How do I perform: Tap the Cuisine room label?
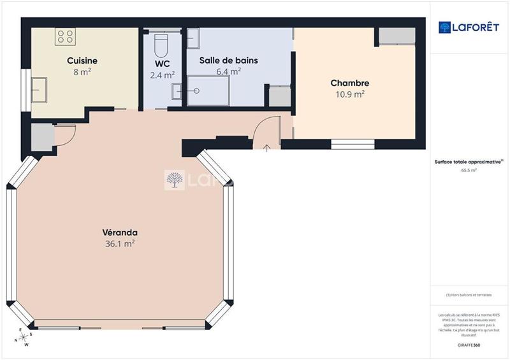[82, 61]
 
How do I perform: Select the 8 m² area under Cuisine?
[82, 72]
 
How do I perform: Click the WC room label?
[161, 64]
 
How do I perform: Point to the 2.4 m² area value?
[162, 75]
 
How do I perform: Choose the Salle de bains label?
[228, 61]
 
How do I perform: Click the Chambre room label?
[349, 83]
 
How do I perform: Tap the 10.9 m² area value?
[349, 94]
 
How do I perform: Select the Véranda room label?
[120, 233]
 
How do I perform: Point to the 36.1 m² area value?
[120, 243]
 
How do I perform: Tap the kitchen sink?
[40, 90]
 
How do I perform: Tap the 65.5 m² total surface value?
[469, 171]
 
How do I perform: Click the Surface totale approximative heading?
[469, 162]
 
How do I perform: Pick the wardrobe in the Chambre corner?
[396, 36]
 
